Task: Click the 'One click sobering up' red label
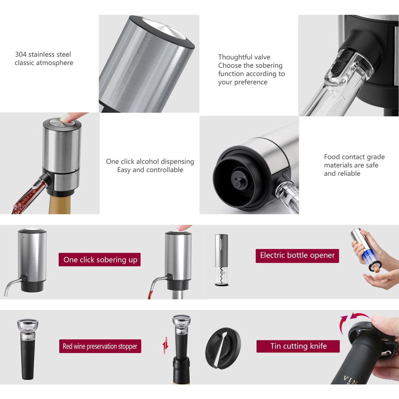pyautogui.click(x=100, y=260)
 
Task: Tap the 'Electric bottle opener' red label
pyautogui.click(x=297, y=255)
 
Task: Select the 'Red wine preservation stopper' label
pyautogui.click(x=100, y=346)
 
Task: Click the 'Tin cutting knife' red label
pyautogui.click(x=298, y=346)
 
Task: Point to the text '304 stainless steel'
pyautogui.click(x=43, y=54)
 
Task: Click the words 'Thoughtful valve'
pyautogui.click(x=244, y=57)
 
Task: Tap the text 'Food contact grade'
pyautogui.click(x=354, y=157)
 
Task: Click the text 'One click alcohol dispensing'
pyautogui.click(x=150, y=161)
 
